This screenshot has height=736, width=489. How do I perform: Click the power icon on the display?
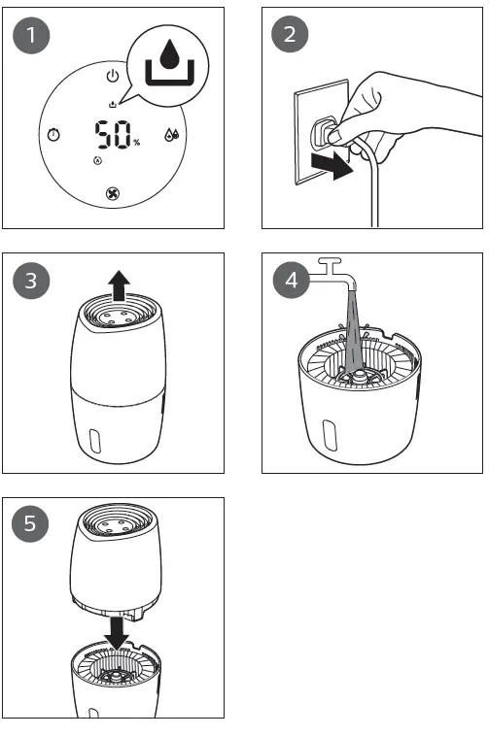pos(113,76)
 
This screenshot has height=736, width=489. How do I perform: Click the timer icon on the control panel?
pos(52,134)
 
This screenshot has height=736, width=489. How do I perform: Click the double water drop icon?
pos(172,135)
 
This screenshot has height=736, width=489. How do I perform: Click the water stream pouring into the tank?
pos(355,330)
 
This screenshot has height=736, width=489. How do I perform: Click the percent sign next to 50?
pos(137,143)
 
